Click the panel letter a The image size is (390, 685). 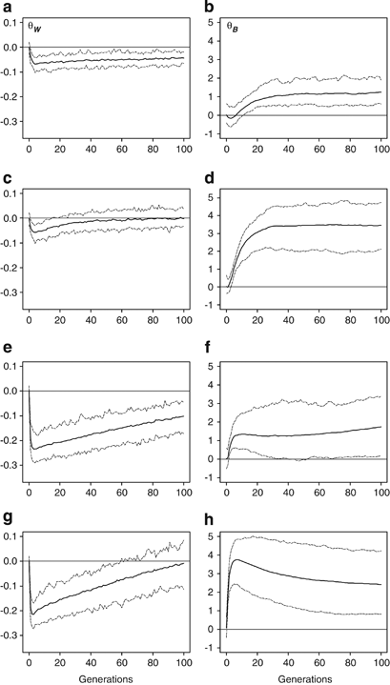(x=8, y=8)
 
